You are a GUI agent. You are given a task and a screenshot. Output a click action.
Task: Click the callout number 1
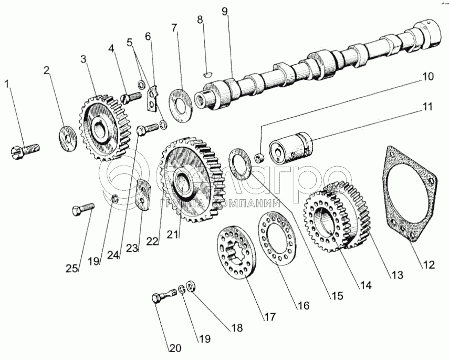pos(7,84)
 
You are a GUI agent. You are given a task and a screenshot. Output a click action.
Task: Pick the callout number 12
pos(428,265)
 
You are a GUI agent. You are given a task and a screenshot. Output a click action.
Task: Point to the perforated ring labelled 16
pos(277,238)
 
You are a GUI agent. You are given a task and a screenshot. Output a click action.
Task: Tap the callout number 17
pos(270,317)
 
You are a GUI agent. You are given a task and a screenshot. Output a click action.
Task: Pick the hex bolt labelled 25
pos(82,210)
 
